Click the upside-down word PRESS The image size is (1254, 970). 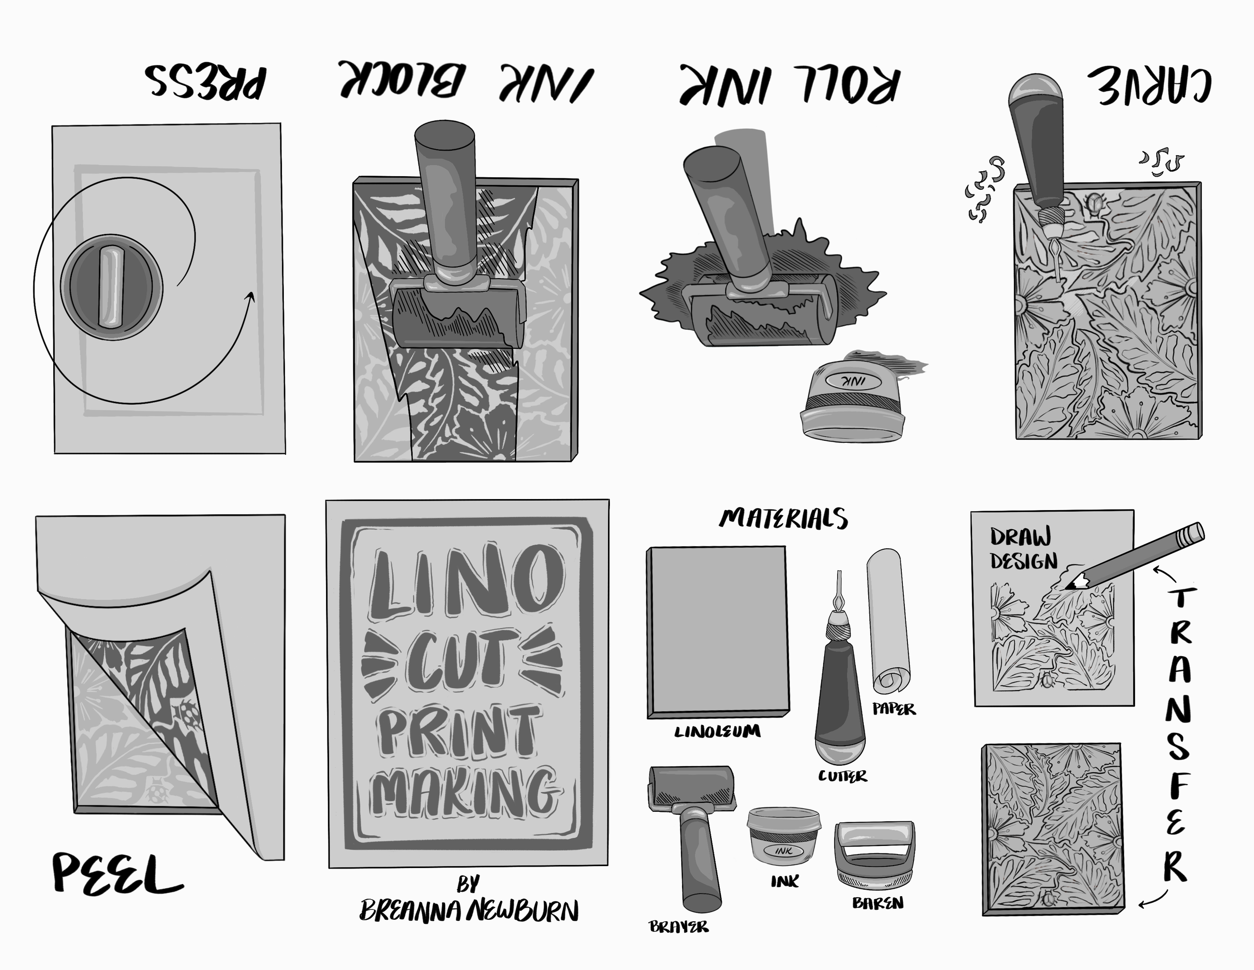point(206,82)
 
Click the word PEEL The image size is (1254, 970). point(116,875)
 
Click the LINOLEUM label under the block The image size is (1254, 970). point(717,732)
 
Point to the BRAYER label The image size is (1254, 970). point(679,926)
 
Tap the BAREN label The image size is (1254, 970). point(877,903)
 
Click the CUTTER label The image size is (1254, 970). point(842,776)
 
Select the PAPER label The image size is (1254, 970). point(894,709)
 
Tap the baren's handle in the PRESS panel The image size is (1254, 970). point(111,287)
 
